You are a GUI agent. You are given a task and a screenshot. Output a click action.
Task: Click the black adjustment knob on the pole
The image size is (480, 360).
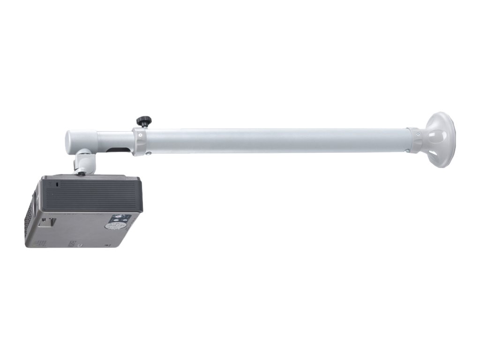(x=142, y=121)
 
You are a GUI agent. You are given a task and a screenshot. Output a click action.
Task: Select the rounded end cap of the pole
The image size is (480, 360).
(x=72, y=140)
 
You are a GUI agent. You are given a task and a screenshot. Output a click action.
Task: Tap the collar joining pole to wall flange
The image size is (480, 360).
(x=414, y=140)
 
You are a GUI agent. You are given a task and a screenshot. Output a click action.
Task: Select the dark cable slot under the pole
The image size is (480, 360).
(x=118, y=150)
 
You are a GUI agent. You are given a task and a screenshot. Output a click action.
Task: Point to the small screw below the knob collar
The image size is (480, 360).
(x=148, y=152)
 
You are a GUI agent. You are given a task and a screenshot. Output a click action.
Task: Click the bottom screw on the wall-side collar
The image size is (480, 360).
(x=407, y=151)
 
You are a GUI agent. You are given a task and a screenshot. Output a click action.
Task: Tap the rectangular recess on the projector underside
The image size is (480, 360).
(x=46, y=221)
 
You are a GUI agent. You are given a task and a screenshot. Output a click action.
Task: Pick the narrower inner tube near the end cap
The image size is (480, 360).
(x=112, y=140)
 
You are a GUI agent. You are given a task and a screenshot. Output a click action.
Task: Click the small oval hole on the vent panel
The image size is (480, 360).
(x=58, y=185)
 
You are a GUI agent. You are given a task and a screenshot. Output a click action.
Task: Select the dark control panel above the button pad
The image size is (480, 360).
(x=121, y=218)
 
